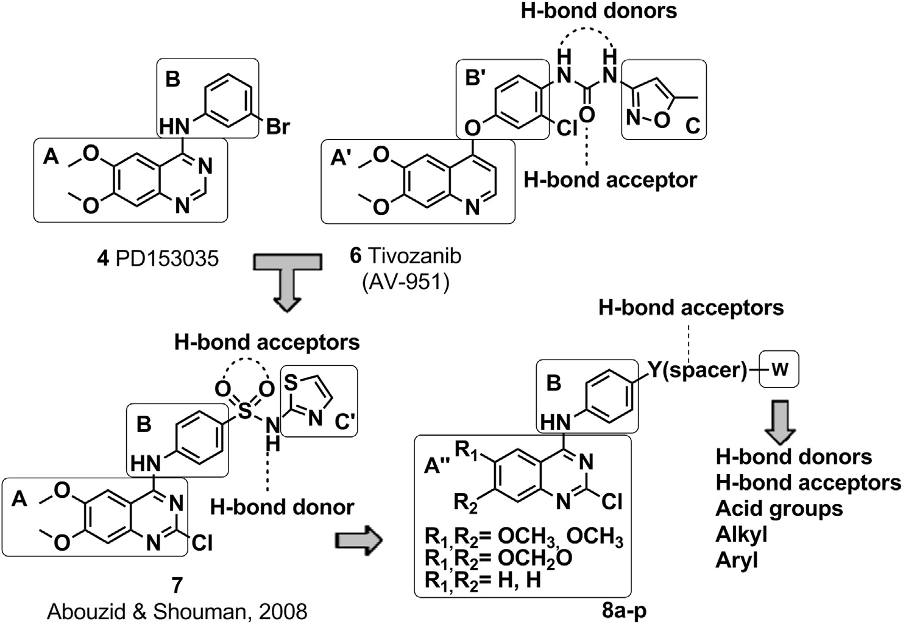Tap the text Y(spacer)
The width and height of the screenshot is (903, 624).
[x=697, y=370]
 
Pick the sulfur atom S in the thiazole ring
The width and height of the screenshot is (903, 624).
[x=292, y=381]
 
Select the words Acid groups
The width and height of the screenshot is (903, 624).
[x=779, y=508]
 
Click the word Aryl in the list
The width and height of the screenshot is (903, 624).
[x=737, y=560]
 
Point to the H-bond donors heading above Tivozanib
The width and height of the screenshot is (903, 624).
[x=598, y=11]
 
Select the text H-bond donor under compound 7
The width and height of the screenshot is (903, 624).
[x=282, y=506]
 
